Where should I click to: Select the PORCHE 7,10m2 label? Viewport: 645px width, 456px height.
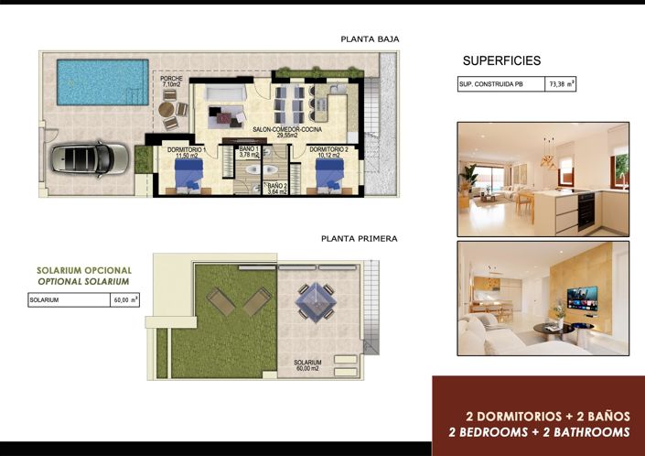coord(171,82)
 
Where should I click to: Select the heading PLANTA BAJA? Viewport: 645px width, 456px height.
coord(370,39)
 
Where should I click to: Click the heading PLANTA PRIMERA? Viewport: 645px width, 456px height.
coord(360,238)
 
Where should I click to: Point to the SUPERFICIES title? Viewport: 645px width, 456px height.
coord(501,61)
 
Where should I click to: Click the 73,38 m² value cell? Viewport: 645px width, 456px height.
coord(560,84)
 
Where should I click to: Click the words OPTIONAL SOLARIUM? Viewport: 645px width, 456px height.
coord(84,282)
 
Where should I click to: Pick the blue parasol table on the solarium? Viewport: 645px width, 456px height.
coord(315,299)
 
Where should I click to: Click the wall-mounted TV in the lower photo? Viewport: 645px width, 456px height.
coord(582,298)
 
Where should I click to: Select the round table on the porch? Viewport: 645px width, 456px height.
coord(167,109)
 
